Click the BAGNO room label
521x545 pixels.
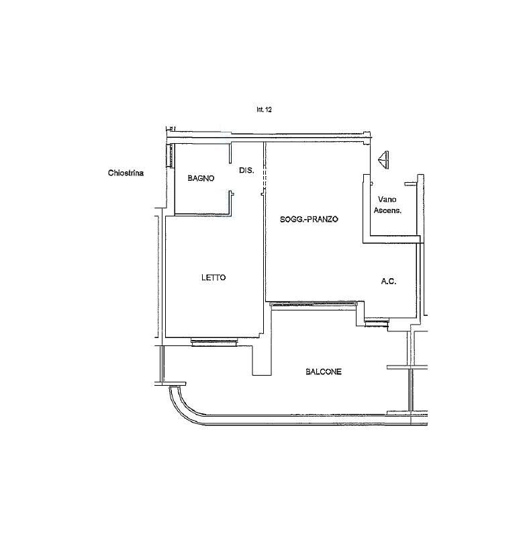tap(201, 178)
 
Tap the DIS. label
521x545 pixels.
tap(246, 170)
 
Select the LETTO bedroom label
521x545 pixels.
tap(214, 278)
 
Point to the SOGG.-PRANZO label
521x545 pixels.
tap(309, 219)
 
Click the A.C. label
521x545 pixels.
tap(389, 281)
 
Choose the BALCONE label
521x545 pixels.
tap(324, 372)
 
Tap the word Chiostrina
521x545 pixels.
tap(126, 173)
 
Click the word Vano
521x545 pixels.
tap(387, 199)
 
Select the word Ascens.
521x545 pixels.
tap(387, 210)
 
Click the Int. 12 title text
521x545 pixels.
tap(264, 110)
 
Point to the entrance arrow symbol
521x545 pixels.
tap(384, 160)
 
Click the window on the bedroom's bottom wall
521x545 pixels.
tap(214, 343)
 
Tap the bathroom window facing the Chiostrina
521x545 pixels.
tap(170, 156)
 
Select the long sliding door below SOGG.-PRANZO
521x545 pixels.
tap(314, 304)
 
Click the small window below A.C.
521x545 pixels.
tap(376, 323)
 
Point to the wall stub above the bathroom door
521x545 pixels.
tap(230, 153)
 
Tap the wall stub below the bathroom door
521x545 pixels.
tap(230, 204)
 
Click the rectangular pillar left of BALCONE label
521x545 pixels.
tap(262, 360)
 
